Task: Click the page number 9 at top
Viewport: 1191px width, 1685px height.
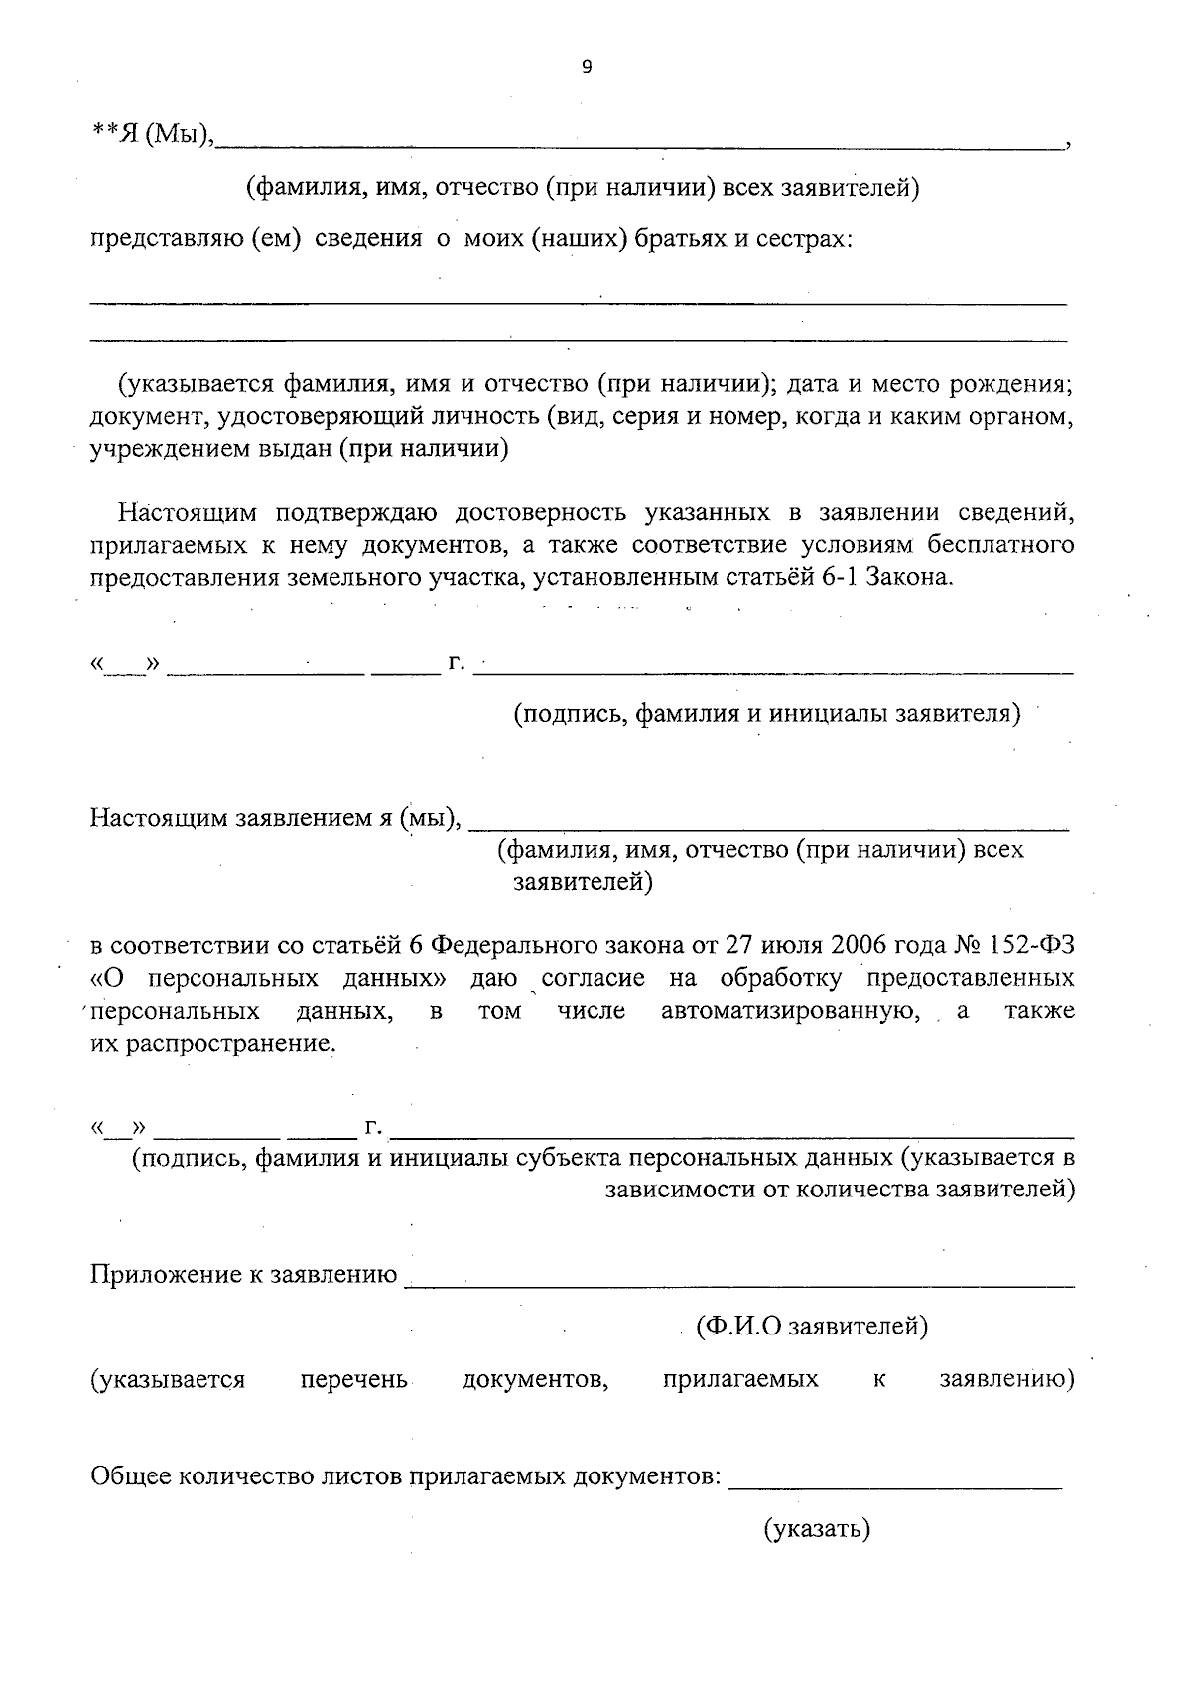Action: click(x=586, y=68)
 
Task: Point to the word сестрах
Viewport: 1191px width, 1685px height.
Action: click(x=804, y=240)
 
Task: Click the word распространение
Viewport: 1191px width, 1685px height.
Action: click(x=229, y=1044)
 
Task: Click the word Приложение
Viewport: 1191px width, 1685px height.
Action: click(x=160, y=1275)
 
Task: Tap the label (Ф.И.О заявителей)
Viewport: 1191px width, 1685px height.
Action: click(x=811, y=1327)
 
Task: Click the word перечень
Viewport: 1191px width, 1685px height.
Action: click(x=353, y=1380)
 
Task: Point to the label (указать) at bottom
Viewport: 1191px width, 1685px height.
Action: click(x=817, y=1529)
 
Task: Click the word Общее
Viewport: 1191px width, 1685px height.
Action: click(x=131, y=1476)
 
